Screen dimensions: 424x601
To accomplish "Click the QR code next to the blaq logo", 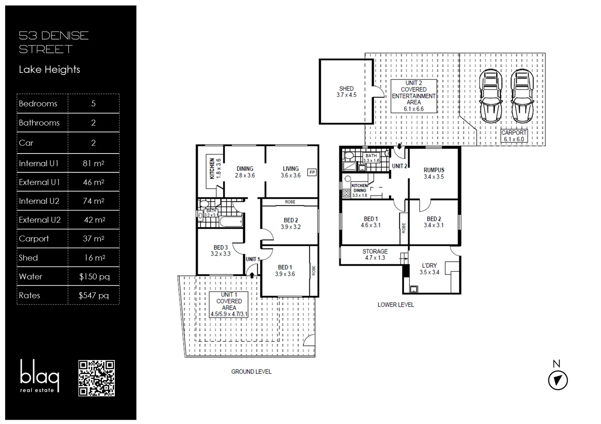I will pyautogui.click(x=96, y=378).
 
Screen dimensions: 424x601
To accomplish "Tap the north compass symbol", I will pyautogui.click(x=558, y=380).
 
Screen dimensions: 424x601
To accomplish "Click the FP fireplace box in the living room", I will pyautogui.click(x=312, y=172).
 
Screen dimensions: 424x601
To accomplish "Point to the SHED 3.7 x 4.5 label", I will pyautogui.click(x=346, y=92).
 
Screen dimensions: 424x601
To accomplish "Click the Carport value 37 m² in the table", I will pyautogui.click(x=93, y=239).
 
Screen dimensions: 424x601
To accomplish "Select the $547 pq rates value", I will pyautogui.click(x=93, y=296).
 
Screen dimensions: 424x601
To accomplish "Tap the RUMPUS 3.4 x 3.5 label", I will pyautogui.click(x=434, y=173).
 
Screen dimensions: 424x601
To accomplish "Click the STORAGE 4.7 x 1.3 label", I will pyautogui.click(x=375, y=254).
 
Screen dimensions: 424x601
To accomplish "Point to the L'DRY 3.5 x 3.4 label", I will pyautogui.click(x=429, y=269).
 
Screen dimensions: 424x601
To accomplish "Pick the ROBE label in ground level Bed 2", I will pyautogui.click(x=290, y=202).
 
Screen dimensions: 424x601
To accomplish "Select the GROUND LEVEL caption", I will pyautogui.click(x=251, y=371).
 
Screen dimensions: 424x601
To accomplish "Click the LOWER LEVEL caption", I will pyautogui.click(x=395, y=305).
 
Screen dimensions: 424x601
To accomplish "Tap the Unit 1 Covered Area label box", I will pyautogui.click(x=229, y=304).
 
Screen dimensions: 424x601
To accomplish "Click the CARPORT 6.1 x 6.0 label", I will pyautogui.click(x=514, y=136).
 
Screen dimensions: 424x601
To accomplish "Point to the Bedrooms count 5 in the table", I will pyautogui.click(x=93, y=104).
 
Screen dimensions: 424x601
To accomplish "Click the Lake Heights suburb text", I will pyautogui.click(x=50, y=69).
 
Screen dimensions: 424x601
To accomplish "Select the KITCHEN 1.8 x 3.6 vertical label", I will pyautogui.click(x=215, y=168).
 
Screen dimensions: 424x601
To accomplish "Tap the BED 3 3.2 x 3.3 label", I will pyautogui.click(x=220, y=250).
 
